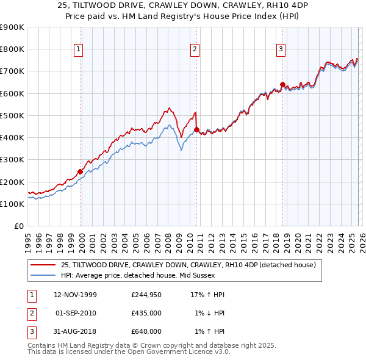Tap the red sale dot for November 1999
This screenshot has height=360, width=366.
click(x=81, y=171)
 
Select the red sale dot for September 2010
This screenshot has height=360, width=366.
click(x=196, y=129)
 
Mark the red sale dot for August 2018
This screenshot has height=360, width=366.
click(x=282, y=84)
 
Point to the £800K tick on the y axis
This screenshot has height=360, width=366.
click(x=12, y=49)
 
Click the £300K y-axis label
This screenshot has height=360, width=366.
click(x=12, y=160)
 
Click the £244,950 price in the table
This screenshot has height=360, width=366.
click(x=146, y=295)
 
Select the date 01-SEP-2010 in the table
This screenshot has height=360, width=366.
click(x=75, y=313)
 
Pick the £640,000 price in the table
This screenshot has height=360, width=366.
click(x=146, y=331)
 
